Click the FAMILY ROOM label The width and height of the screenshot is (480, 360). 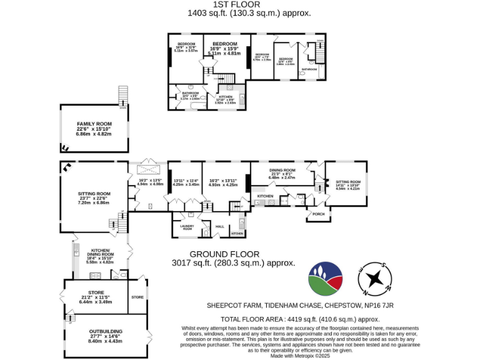94,124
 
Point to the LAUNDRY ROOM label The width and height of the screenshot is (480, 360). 187,227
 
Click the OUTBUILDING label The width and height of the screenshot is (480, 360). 104,331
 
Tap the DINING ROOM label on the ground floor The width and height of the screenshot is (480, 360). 282,170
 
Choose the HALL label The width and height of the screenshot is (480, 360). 219,226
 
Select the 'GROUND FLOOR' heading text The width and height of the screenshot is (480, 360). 224,254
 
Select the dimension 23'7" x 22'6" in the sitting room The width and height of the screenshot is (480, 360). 94,198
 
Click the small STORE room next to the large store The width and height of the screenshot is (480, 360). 137,296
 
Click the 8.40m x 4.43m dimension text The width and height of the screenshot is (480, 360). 104,341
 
